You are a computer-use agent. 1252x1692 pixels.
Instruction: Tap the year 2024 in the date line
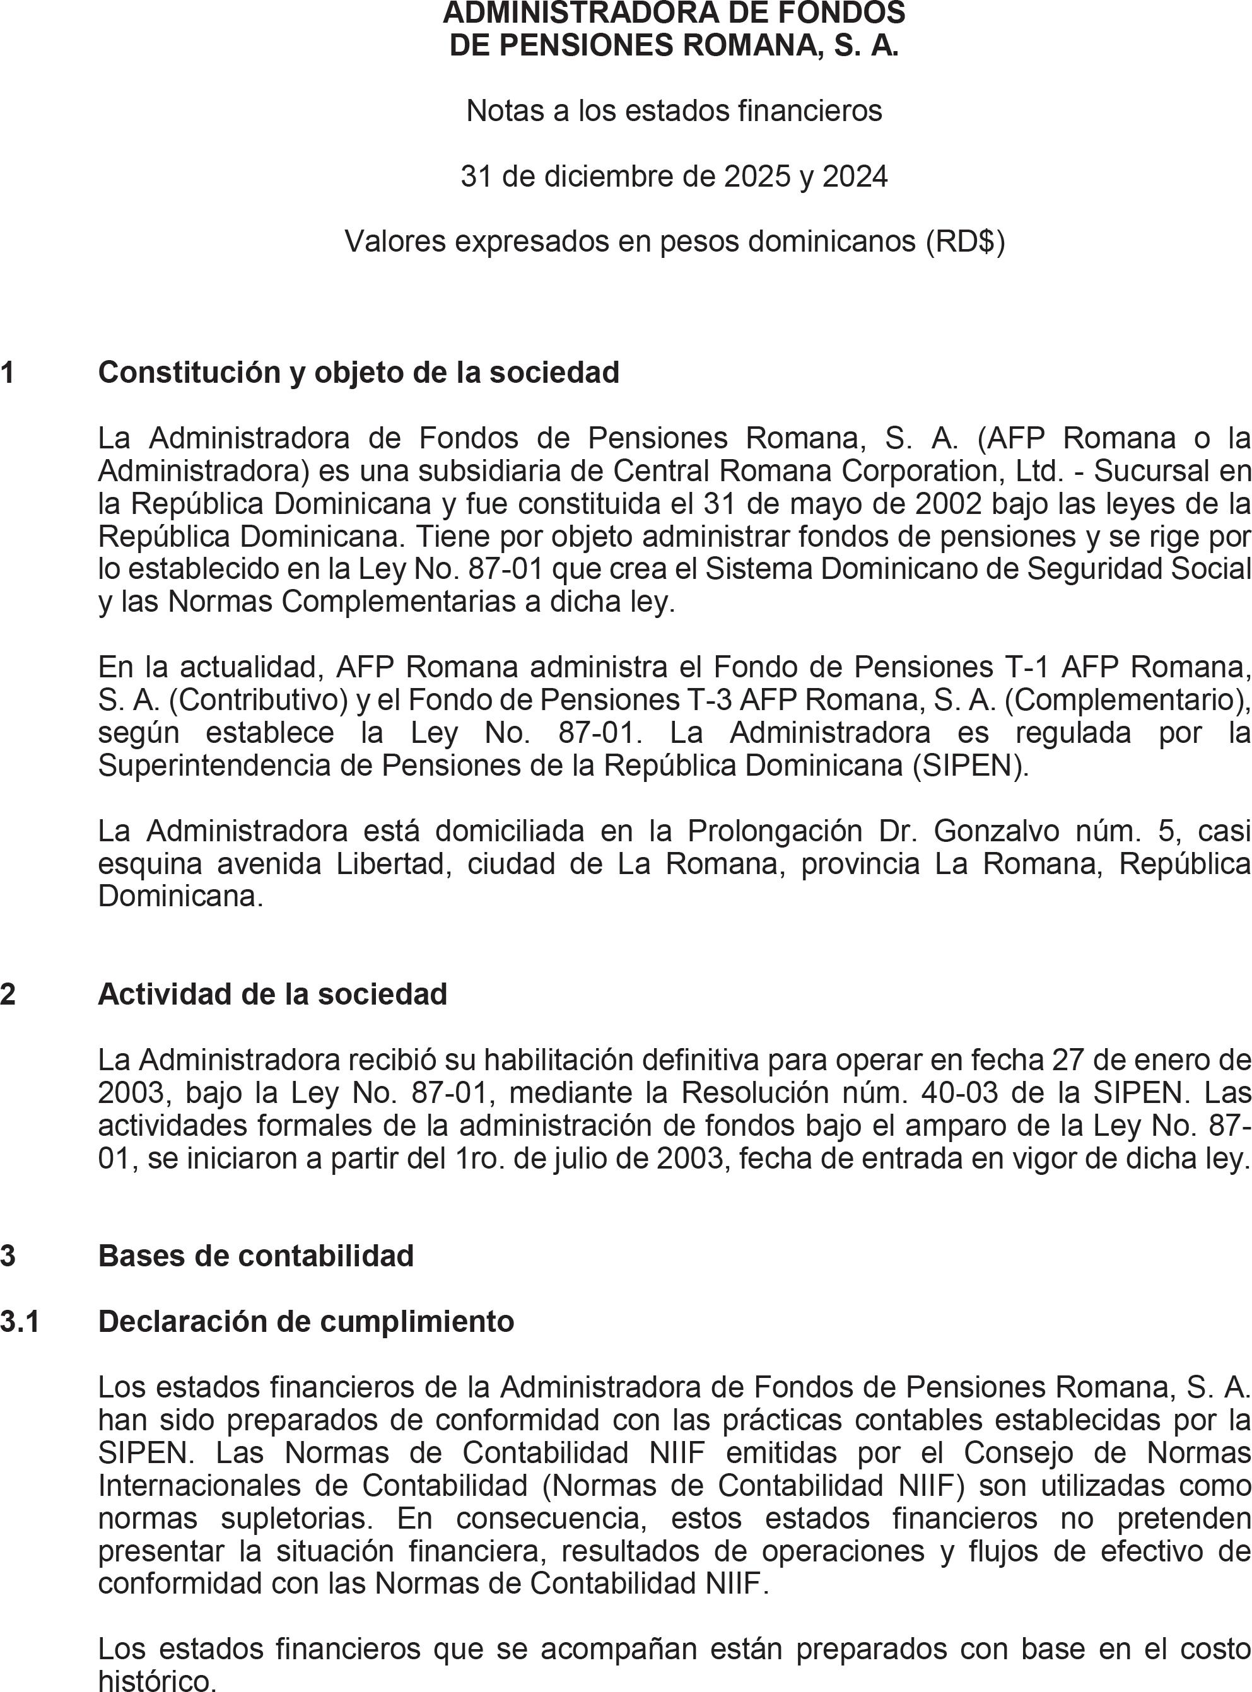855,177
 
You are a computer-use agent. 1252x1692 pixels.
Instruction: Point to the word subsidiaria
481,470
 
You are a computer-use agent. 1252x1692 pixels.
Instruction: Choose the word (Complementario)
1126,699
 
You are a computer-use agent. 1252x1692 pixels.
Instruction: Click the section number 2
8,994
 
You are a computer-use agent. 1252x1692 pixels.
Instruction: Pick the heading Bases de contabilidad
255,1256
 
